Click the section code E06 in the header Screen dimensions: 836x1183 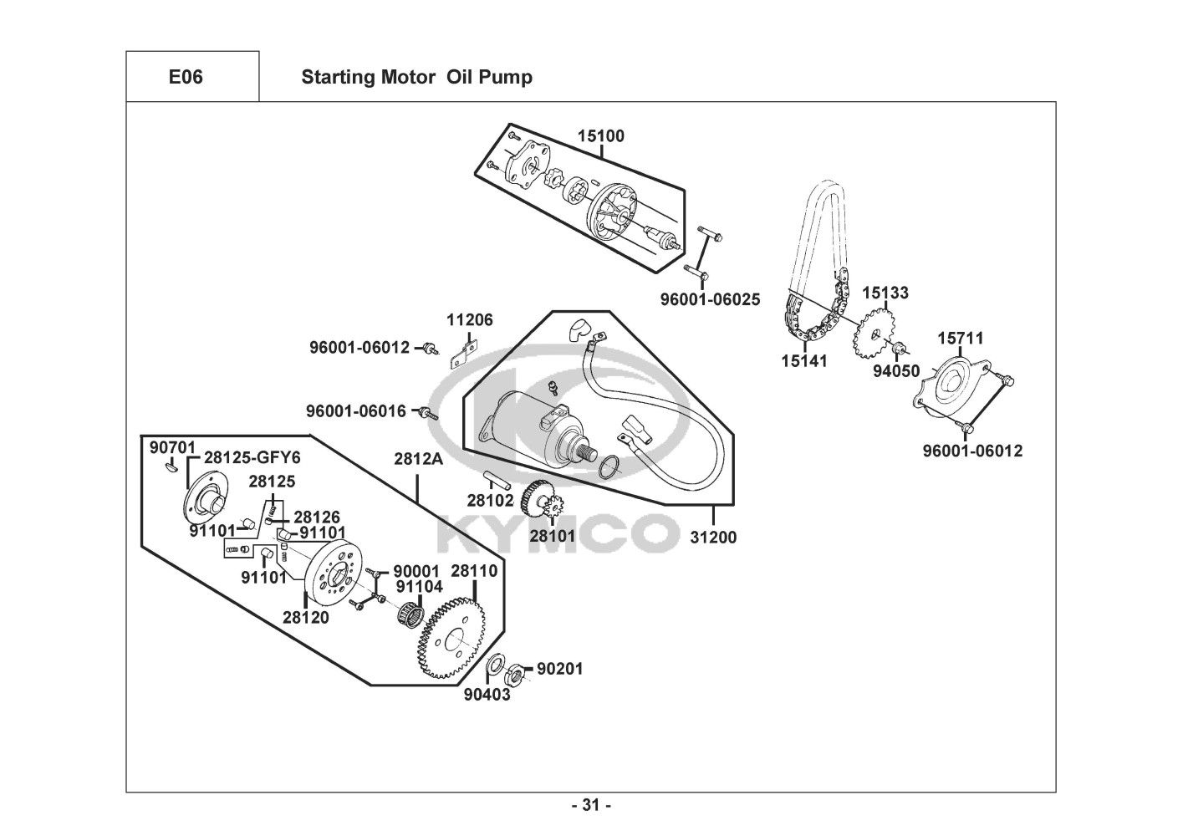point(185,78)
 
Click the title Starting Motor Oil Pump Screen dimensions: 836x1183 point(416,78)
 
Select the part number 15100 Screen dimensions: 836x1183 point(600,136)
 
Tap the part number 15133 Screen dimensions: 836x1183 point(885,293)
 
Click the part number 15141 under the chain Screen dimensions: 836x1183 point(804,361)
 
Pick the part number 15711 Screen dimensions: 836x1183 point(960,339)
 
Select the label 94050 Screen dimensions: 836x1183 point(896,371)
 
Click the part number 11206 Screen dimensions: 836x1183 point(469,320)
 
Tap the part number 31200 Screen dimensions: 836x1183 point(713,538)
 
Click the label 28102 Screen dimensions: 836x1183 point(490,501)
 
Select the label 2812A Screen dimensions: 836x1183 point(416,459)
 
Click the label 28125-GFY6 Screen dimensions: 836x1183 point(252,458)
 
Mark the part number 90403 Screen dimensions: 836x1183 point(487,695)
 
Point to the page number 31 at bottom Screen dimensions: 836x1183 point(591,806)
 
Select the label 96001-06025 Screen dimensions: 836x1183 point(710,298)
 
